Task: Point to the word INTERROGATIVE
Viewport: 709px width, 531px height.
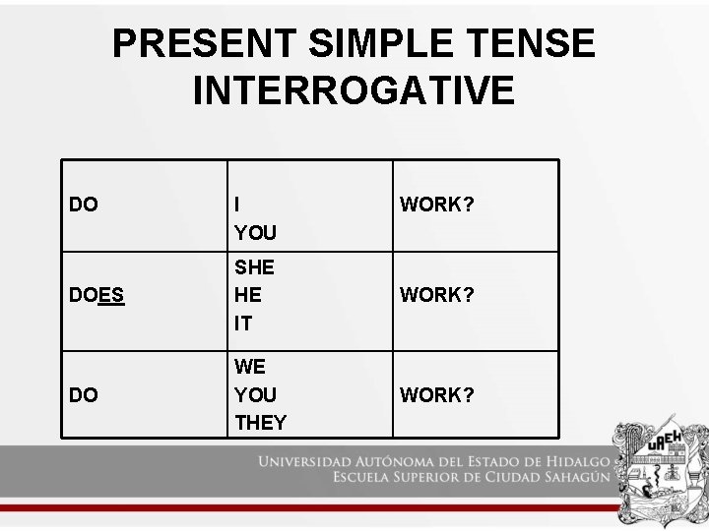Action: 354,90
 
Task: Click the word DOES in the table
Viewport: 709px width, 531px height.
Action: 97,295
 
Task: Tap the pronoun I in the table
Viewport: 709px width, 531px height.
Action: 237,205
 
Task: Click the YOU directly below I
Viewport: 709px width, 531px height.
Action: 255,234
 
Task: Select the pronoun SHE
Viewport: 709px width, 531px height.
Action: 254,267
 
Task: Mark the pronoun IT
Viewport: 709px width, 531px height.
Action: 242,324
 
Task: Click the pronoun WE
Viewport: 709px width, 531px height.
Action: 249,366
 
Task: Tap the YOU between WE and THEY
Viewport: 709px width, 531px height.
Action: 255,394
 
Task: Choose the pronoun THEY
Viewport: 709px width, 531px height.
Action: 260,423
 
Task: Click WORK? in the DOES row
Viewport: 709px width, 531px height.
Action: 436,295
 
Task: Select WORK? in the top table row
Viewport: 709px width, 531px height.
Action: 436,205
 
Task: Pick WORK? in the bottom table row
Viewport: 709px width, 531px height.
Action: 436,394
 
